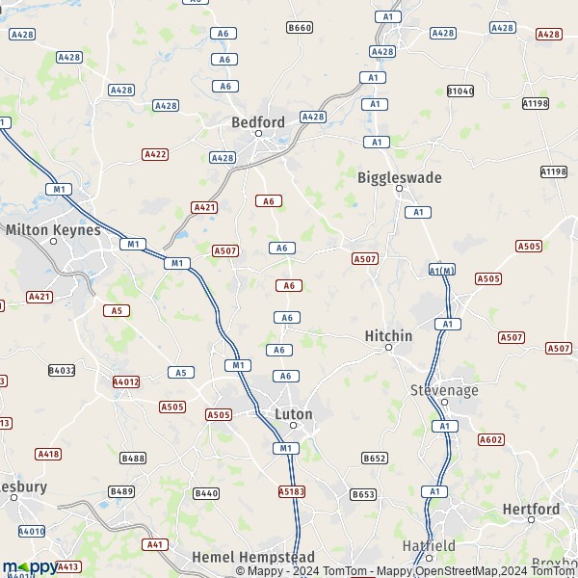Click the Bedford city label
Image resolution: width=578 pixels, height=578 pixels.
pos(258,122)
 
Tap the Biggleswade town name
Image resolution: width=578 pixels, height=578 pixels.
pos(399,177)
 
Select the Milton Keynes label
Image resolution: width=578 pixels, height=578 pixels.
pos(53,230)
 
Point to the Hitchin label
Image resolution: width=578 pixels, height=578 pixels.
pos(388,336)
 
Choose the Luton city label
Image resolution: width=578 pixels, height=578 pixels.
pos(294,414)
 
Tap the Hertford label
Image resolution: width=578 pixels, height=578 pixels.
pos(531,509)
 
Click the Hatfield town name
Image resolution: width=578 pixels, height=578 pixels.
pos(429,545)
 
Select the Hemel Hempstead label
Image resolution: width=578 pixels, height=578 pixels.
pos(240,558)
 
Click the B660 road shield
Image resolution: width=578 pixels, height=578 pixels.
pos(300,28)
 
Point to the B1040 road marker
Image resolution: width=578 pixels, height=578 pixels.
pos(460,91)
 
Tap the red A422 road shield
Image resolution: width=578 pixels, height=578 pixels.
pos(155,154)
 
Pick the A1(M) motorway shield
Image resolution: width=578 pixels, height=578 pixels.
pos(441,271)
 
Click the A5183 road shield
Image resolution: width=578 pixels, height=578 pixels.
pos(292,491)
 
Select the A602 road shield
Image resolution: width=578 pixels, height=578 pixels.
pos(491,439)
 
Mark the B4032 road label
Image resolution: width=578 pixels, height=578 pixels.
pos(62,370)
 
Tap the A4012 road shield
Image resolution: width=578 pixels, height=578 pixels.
pos(126,381)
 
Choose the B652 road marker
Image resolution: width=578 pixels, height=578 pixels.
pos(374,458)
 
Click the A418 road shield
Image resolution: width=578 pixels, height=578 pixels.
pos(48,454)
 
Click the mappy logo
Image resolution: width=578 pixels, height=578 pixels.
pos(29,566)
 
